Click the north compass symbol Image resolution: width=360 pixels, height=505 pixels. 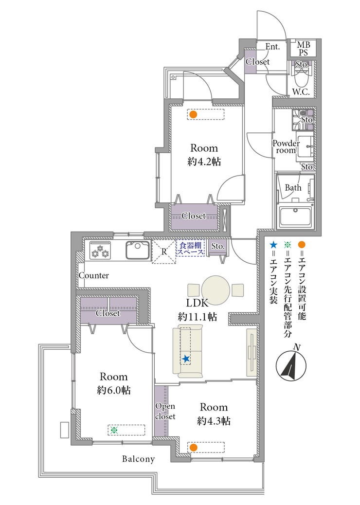(291, 363)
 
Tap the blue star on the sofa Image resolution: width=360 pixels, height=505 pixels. (185, 359)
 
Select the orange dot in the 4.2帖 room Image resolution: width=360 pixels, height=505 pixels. (193, 114)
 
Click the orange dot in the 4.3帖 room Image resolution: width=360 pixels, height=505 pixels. (193, 448)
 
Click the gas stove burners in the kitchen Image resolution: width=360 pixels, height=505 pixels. (100, 250)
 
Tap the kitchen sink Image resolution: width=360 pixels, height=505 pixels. (138, 250)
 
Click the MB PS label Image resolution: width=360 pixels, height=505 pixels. (303, 49)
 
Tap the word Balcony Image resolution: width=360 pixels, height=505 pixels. (138, 459)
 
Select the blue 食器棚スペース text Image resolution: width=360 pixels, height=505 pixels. (191, 249)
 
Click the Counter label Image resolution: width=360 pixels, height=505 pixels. (94, 276)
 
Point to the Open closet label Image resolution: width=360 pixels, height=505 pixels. (165, 411)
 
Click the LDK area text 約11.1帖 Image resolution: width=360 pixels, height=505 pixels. (197, 317)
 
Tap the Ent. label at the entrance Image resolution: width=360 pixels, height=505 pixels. (272, 47)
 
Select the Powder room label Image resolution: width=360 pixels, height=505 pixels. (286, 146)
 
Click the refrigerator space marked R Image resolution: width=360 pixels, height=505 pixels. (164, 252)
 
